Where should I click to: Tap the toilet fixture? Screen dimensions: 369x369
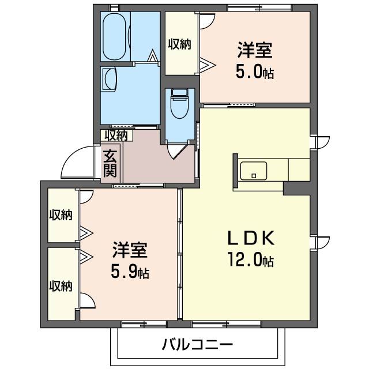coord(179,105)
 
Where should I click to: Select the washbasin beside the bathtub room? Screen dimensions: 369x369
coord(110,78)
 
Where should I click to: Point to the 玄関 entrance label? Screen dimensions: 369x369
coord(110,164)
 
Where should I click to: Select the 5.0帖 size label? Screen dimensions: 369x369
coord(254,73)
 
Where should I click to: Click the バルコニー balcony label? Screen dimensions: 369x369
coord(197,345)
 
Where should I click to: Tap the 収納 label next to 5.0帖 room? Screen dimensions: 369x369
coord(180,44)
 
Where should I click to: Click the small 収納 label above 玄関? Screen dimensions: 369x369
coord(116,135)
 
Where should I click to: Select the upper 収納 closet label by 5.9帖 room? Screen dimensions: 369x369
coord(60,215)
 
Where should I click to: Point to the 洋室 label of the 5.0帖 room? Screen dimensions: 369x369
coord(254,51)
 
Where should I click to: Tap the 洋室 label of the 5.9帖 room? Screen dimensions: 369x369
coord(130,251)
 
